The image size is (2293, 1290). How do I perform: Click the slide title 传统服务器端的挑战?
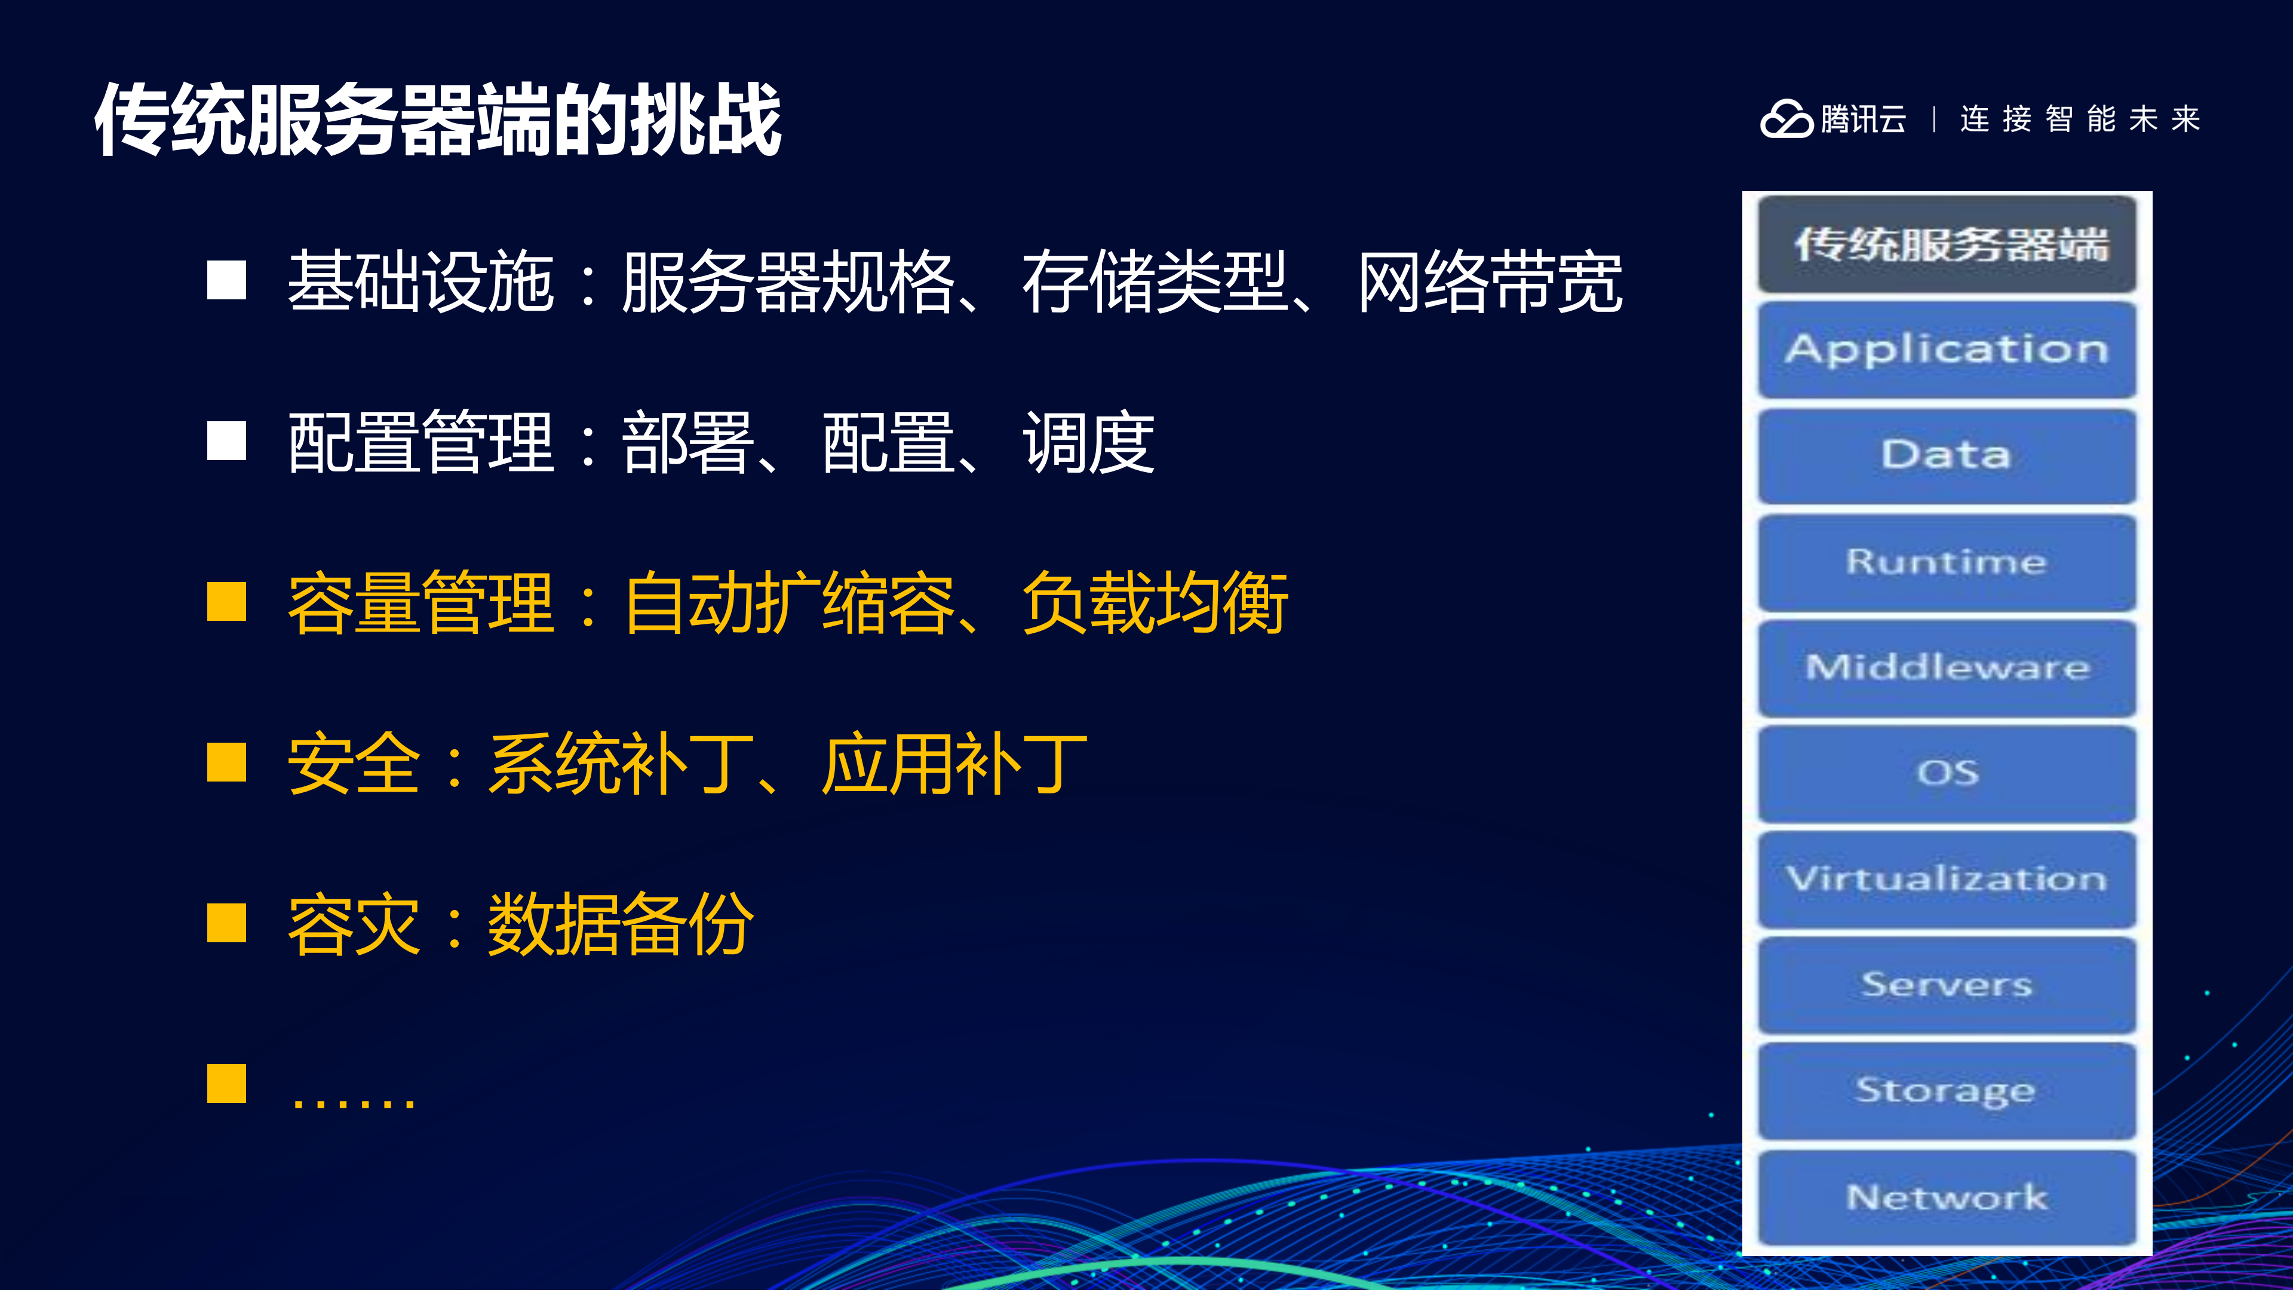(437, 120)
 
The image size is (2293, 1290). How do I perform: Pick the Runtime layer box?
(1947, 562)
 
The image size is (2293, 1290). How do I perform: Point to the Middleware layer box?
(1947, 667)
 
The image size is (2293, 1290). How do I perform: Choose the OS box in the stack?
(1947, 773)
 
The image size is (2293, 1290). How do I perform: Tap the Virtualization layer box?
(1947, 879)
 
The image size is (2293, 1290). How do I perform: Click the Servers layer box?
(1947, 985)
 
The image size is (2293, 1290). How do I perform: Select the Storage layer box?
(1947, 1090)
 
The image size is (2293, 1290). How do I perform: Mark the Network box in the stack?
(1947, 1197)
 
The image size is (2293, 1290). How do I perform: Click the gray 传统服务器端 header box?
(1947, 244)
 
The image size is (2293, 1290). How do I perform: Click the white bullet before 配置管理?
(226, 442)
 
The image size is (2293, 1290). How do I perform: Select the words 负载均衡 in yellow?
(1155, 603)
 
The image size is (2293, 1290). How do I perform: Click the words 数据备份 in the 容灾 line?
(621, 925)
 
